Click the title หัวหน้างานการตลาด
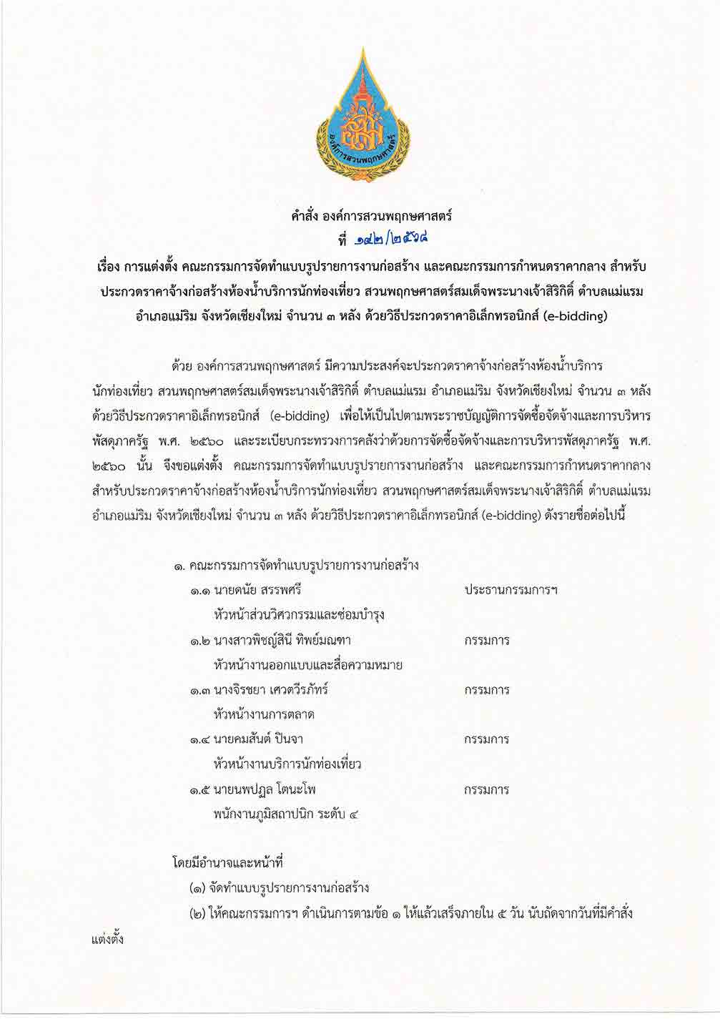tap(264, 714)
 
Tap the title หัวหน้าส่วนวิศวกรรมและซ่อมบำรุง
tap(299, 614)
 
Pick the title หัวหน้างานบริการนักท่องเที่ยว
tap(287, 764)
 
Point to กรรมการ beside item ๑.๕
tap(486, 789)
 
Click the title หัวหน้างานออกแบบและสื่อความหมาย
tap(307, 665)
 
